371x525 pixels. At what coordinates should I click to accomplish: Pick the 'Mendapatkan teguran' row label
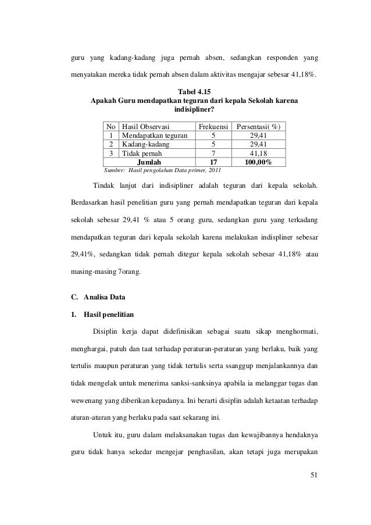pos(154,135)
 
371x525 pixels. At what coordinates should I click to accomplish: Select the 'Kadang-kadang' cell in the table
pos(145,144)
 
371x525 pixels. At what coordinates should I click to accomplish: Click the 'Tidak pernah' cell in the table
pos(142,153)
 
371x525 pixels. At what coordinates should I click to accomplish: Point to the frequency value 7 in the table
pos(212,153)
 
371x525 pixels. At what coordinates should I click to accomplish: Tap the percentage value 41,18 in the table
pos(259,153)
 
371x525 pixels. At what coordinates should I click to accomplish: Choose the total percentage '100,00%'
pos(259,162)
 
